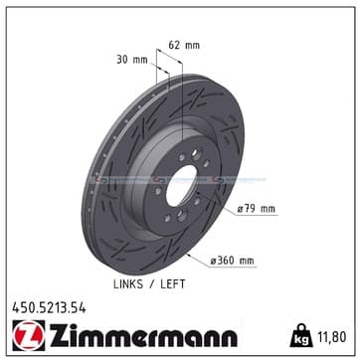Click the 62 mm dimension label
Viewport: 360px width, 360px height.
point(184,45)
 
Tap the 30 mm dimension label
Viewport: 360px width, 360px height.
point(131,60)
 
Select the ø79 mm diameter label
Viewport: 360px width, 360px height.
point(256,209)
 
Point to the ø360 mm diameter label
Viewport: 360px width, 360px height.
point(233,261)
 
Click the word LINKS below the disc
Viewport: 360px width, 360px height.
point(128,284)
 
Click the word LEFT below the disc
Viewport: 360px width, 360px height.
point(173,284)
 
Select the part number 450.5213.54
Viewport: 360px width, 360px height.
point(49,308)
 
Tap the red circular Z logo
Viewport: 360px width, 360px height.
point(28,335)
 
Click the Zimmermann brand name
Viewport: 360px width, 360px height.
point(143,335)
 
